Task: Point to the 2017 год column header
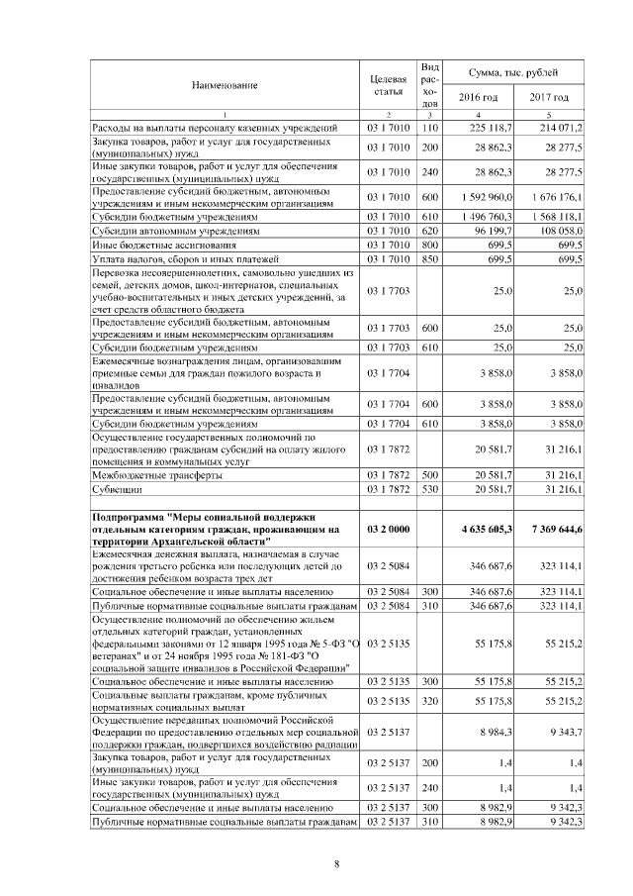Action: click(x=549, y=98)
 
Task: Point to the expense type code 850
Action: click(x=429, y=257)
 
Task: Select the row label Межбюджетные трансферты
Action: click(x=149, y=475)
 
